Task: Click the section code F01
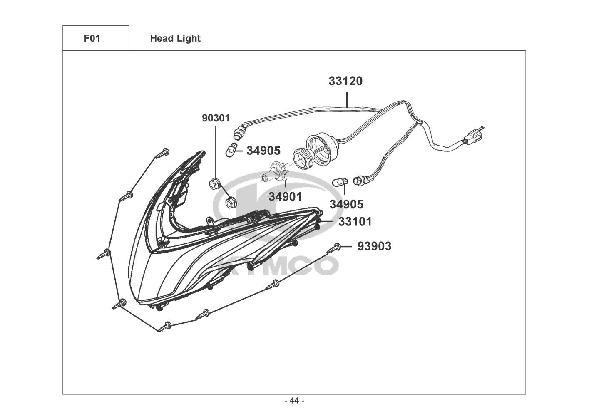pyautogui.click(x=92, y=38)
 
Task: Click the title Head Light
pyautogui.click(x=175, y=38)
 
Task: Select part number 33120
pyautogui.click(x=345, y=81)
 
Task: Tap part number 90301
pyautogui.click(x=216, y=118)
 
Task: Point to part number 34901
pyautogui.click(x=285, y=197)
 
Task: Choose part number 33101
pyautogui.click(x=355, y=222)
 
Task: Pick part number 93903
pyautogui.click(x=374, y=247)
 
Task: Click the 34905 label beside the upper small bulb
pyautogui.click(x=263, y=151)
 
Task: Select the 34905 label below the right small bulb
pyautogui.click(x=346, y=204)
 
